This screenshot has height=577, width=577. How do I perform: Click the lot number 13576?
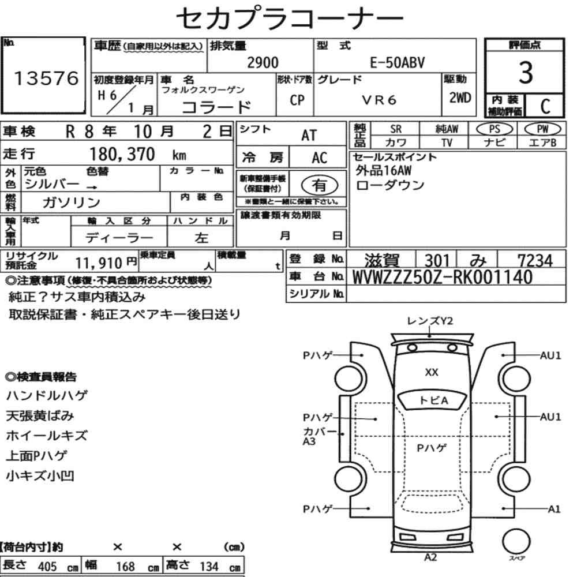coord(45,79)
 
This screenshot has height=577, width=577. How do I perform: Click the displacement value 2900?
coord(263,63)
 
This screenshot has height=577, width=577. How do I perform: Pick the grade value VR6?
coord(379,100)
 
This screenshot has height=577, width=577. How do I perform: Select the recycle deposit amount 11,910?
coord(100,263)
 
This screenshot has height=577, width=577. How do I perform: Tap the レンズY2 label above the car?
coord(430,321)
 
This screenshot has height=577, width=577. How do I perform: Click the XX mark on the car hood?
coord(431,373)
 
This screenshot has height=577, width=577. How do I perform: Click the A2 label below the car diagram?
coord(430,557)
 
